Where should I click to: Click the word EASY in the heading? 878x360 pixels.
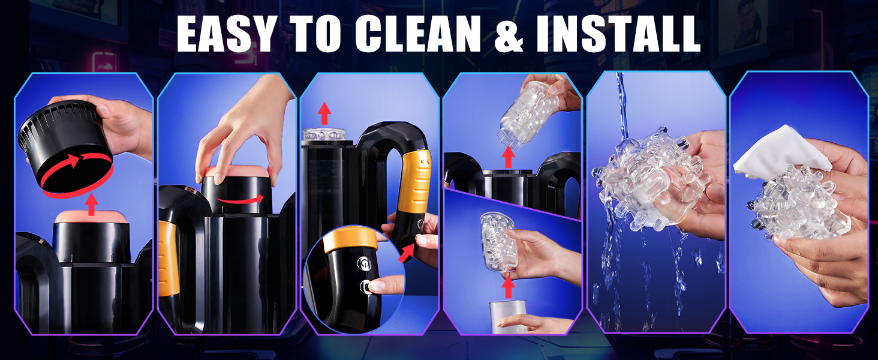(x=225, y=34)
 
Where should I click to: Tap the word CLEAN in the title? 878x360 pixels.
(x=418, y=34)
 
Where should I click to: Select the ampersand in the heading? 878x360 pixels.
(x=509, y=34)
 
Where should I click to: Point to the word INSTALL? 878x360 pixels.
(x=618, y=34)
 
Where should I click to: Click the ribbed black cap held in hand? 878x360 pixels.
(x=65, y=147)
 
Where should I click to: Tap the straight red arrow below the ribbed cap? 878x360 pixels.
(x=92, y=205)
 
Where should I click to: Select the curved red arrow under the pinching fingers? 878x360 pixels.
(x=241, y=200)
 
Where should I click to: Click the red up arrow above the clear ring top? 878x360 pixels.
(x=324, y=113)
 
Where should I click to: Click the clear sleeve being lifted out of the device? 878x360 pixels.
(x=529, y=114)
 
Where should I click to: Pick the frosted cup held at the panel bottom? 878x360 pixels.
(x=507, y=317)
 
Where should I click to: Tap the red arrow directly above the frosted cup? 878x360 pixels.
(x=508, y=287)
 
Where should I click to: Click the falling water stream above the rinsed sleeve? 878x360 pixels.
(x=622, y=106)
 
